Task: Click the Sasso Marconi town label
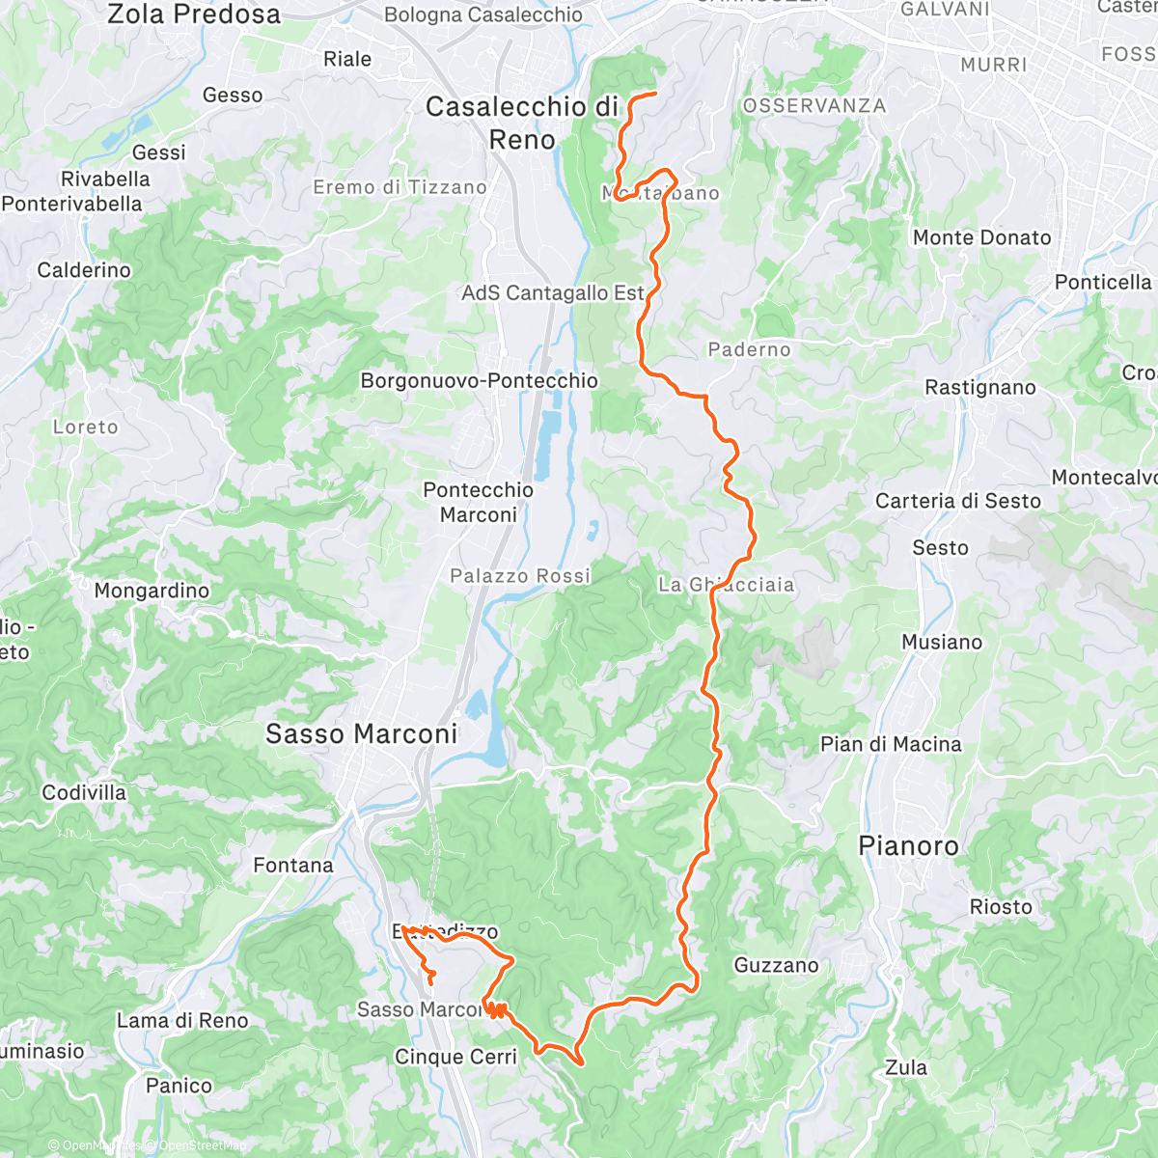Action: [x=362, y=734]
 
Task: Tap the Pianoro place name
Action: [x=908, y=846]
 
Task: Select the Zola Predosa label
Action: [x=194, y=14]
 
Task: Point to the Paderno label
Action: [x=749, y=349]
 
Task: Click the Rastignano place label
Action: [x=979, y=387]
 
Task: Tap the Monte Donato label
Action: [x=981, y=237]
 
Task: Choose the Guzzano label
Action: [x=776, y=965]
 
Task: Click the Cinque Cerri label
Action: [x=455, y=1057]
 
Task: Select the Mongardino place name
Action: [x=152, y=591]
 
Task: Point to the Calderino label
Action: [x=84, y=270]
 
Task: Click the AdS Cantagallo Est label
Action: [x=552, y=292]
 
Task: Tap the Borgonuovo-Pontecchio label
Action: [x=480, y=380]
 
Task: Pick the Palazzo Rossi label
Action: [x=520, y=576]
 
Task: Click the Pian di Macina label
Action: [x=891, y=744]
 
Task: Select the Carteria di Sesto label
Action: [x=958, y=501]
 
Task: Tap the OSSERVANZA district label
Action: [x=813, y=105]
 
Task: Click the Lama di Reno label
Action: [x=182, y=1020]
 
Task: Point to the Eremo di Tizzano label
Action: [x=400, y=187]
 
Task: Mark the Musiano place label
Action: [x=942, y=642]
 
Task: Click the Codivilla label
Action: [x=84, y=792]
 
